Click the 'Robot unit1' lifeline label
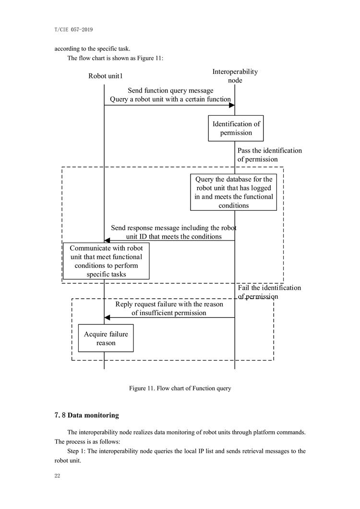tap(106, 76)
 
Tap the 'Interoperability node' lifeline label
tap(235, 76)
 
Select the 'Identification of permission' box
tap(236, 128)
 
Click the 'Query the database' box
tap(233, 192)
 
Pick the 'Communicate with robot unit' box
tap(106, 261)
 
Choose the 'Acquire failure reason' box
tap(106, 338)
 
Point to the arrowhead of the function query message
tap(232, 105)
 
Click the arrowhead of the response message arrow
tap(107, 241)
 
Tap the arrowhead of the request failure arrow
tap(107, 317)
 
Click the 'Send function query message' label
tap(170, 91)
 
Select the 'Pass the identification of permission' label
tap(269, 155)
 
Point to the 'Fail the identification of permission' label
tap(269, 292)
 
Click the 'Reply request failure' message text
tap(169, 308)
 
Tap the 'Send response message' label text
tap(174, 232)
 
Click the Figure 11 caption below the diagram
tap(180, 388)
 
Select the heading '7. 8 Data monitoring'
tap(87, 415)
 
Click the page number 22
tap(57, 476)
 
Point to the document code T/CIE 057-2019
tap(74, 30)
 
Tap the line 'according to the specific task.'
tap(92, 48)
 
